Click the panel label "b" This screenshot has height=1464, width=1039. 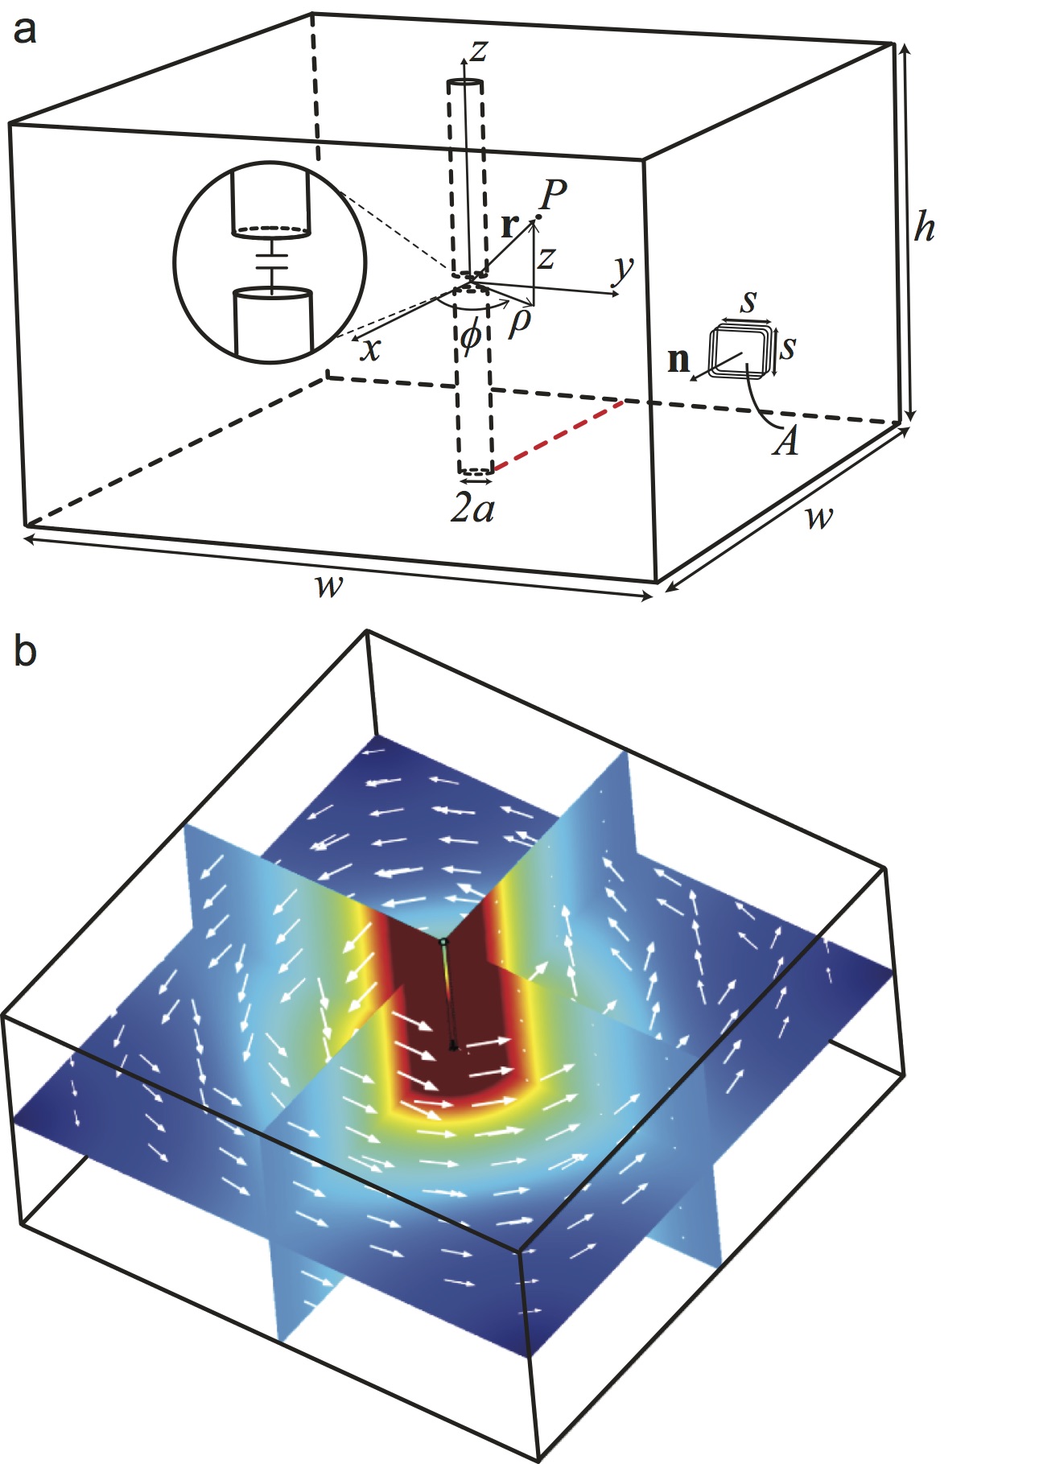click(25, 651)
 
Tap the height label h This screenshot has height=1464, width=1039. click(924, 229)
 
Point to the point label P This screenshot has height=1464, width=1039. click(554, 194)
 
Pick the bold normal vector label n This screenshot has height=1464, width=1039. click(679, 360)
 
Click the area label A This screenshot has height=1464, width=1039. click(785, 441)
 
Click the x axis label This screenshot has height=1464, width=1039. click(369, 349)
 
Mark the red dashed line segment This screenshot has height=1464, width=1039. click(558, 435)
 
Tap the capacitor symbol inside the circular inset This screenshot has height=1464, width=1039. click(272, 262)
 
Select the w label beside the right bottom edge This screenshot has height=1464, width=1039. click(818, 517)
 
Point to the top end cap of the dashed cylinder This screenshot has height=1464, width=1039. click(466, 84)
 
